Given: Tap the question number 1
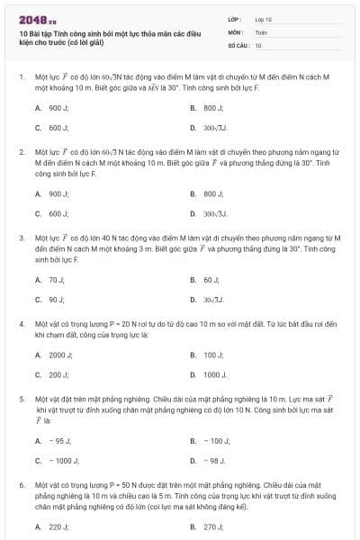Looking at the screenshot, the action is click(x=20, y=78).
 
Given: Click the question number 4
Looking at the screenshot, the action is click(x=20, y=321).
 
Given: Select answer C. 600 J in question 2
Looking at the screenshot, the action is click(x=47, y=214).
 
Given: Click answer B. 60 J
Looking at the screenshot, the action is click(x=204, y=280).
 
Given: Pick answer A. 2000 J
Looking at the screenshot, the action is click(x=49, y=355).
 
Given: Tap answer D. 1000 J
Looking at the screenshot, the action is click(x=208, y=374).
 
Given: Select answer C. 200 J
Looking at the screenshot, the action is click(x=47, y=374).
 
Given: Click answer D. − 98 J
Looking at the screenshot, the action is click(x=207, y=461).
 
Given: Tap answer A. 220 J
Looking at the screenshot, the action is click(x=47, y=526).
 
